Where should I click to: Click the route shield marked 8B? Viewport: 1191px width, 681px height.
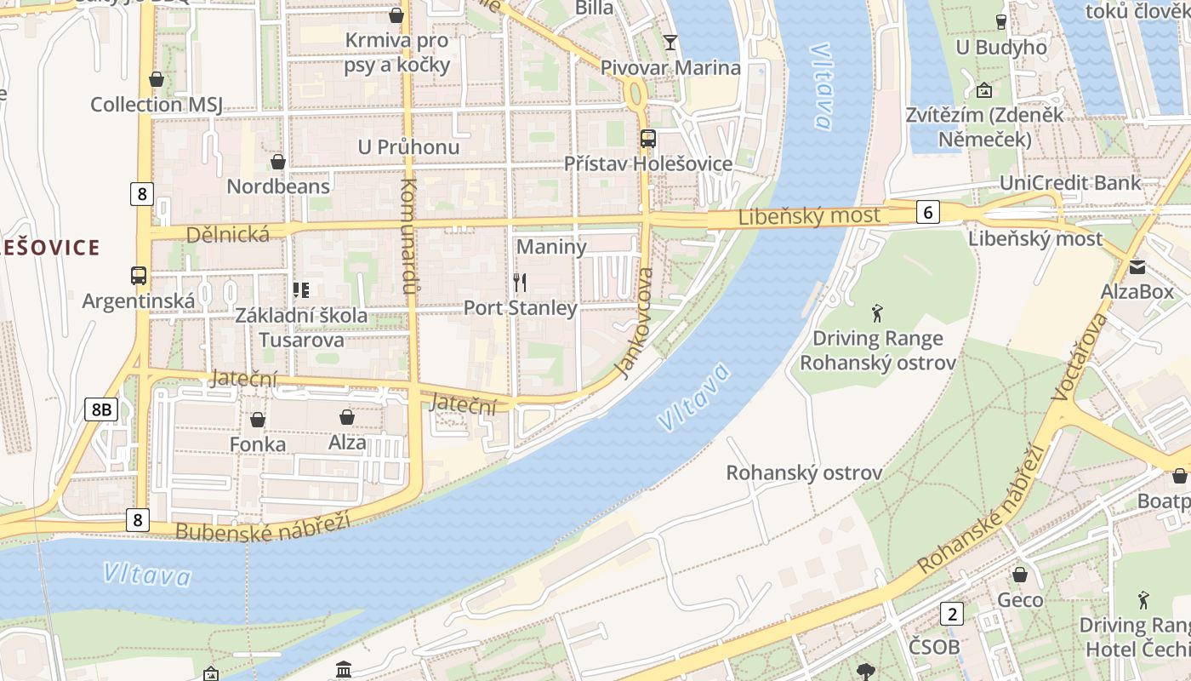click(101, 409)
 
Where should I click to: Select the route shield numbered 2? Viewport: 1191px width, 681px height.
click(952, 613)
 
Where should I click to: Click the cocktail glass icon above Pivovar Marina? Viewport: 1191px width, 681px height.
click(670, 42)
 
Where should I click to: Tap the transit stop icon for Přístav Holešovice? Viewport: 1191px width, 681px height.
click(648, 138)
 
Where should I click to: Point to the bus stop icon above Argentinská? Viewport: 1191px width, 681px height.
click(139, 276)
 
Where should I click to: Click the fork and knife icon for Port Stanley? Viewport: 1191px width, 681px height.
click(520, 283)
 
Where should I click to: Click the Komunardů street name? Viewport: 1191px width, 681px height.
click(409, 236)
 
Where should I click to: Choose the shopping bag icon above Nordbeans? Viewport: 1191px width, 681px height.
click(277, 161)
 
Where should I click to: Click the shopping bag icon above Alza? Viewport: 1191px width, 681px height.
click(347, 417)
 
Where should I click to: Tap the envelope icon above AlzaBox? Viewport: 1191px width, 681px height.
click(1137, 267)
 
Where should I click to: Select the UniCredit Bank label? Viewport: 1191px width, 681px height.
click(1070, 183)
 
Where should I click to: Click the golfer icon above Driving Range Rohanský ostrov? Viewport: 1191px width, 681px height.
click(877, 312)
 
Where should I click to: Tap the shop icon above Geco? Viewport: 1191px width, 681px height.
click(1019, 575)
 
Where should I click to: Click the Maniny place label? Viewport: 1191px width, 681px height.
click(551, 247)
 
